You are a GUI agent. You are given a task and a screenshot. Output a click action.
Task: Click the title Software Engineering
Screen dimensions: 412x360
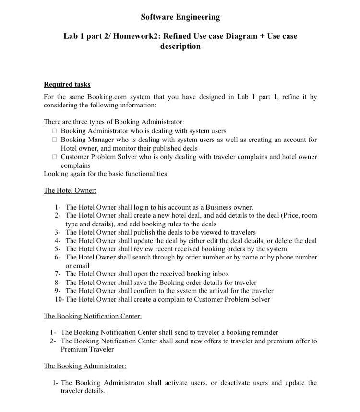tap(180, 17)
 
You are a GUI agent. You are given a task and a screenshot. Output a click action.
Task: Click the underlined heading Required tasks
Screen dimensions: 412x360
tap(67, 84)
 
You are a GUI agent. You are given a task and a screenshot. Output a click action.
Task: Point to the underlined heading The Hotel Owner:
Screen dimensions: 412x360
tap(70, 190)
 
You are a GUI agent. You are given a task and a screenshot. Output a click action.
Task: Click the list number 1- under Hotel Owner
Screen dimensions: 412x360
tap(58, 207)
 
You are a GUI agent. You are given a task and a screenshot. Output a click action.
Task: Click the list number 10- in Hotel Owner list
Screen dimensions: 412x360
tap(59, 299)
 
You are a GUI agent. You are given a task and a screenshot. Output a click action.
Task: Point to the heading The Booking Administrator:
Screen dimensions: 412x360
tap(85, 366)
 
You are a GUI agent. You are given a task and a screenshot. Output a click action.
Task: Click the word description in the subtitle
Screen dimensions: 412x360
tap(180, 47)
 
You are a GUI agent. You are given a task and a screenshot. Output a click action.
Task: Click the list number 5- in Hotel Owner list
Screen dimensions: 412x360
tap(58, 249)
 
